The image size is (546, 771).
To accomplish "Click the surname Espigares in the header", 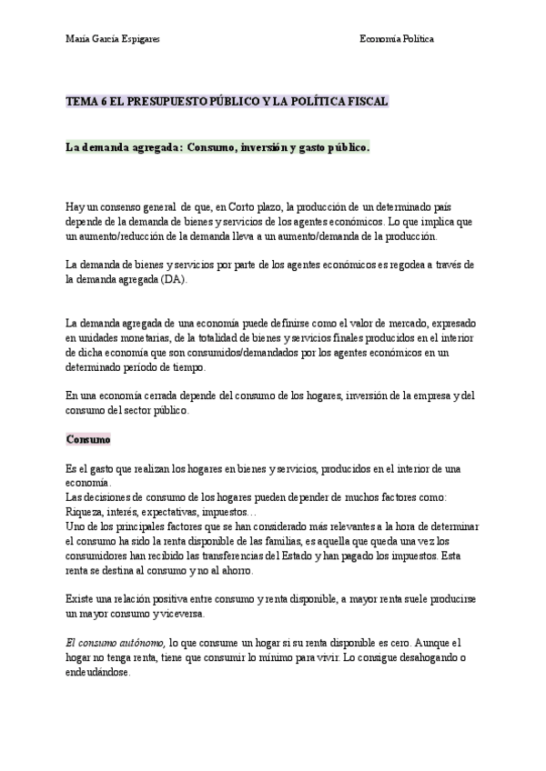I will (x=137, y=39).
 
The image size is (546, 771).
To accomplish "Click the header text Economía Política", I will (x=397, y=39).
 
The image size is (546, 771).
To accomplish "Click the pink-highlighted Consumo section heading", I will (x=88, y=438).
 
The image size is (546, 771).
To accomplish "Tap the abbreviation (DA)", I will (x=170, y=279).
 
